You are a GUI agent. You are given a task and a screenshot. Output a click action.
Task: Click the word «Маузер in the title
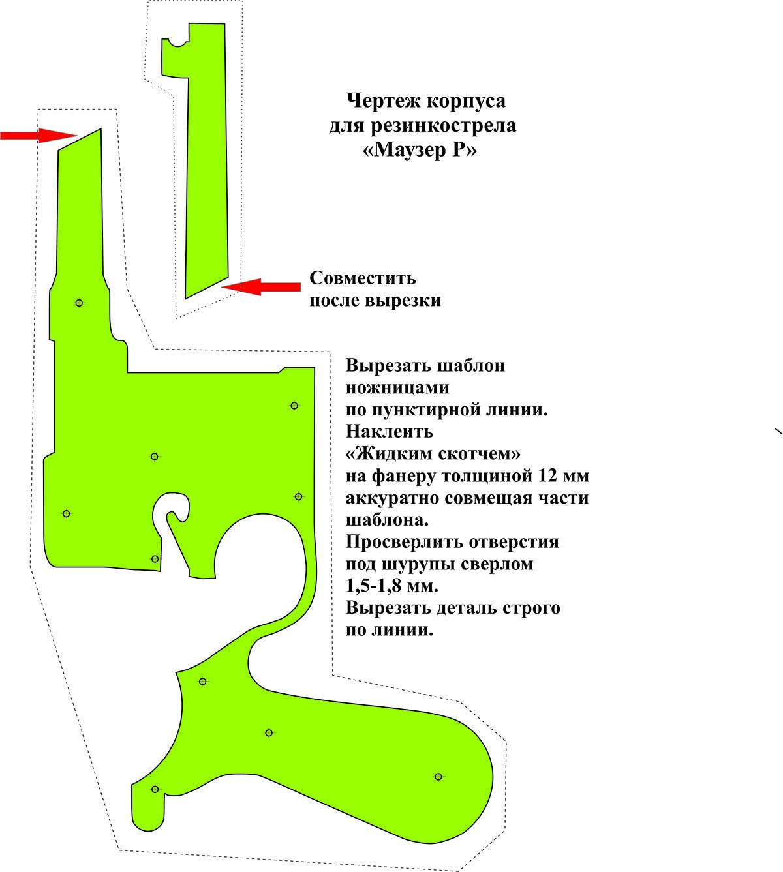point(403,150)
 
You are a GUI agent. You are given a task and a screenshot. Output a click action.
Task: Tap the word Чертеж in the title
point(383,102)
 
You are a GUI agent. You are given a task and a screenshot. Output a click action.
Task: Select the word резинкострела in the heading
point(444,127)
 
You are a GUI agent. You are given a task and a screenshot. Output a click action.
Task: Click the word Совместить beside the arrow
point(363,278)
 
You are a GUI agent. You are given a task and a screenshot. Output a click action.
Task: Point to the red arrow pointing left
point(261,287)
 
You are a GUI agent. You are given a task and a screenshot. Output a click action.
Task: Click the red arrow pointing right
point(38,136)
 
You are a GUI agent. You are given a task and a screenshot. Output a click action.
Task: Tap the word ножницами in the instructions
point(397,388)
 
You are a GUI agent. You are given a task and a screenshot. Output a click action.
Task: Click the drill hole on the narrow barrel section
point(79,303)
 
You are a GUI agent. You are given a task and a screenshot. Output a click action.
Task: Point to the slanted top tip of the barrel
point(100,128)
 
